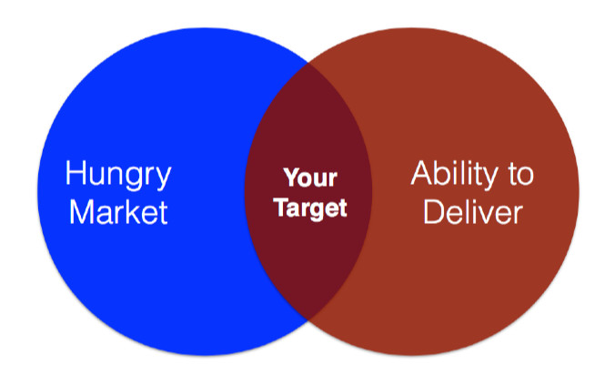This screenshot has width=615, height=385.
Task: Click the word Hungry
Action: click(118, 175)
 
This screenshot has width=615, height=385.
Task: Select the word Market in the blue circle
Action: click(119, 212)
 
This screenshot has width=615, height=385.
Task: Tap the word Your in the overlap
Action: click(310, 177)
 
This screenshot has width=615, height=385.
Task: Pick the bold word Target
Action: click(310, 208)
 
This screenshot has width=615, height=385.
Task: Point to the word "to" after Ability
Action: click(521, 176)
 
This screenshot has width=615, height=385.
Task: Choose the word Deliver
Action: click(473, 212)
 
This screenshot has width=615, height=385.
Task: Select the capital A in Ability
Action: click(422, 172)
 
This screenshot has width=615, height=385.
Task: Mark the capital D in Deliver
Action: click(433, 212)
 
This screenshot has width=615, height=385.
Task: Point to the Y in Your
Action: click(291, 177)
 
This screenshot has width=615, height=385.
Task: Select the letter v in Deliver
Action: click(492, 215)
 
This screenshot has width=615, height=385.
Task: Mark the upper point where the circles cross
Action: click(308, 63)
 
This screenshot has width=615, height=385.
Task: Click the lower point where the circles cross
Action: click(308, 321)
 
